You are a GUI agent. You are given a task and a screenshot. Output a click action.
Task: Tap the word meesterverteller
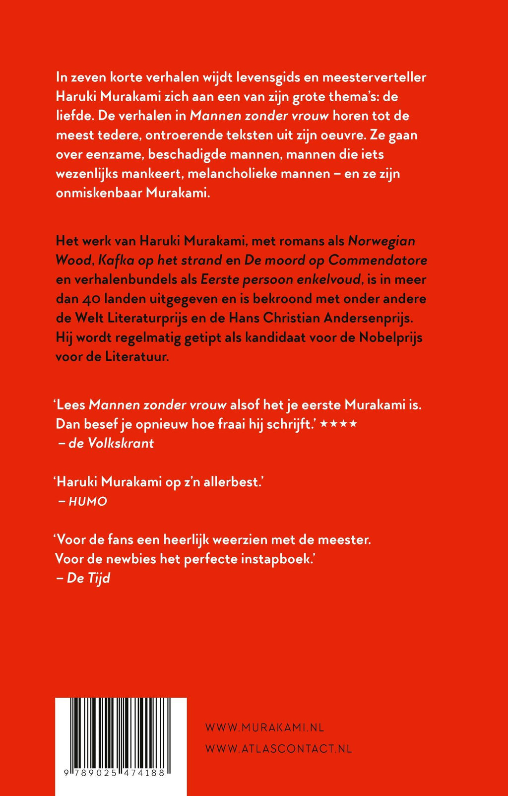point(374,77)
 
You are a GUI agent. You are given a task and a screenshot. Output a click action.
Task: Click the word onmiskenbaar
point(99,193)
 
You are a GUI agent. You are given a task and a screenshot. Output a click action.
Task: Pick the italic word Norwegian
point(381,241)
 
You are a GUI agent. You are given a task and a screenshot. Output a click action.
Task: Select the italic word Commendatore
point(378,261)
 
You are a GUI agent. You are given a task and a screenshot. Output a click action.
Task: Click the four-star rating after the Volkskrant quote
point(338,424)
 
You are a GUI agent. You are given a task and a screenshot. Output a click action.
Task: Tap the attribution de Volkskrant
point(111,443)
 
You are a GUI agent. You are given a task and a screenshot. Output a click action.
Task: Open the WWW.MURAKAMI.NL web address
point(264,728)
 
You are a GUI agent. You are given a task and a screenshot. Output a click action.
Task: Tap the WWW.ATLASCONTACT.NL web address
point(278,749)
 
